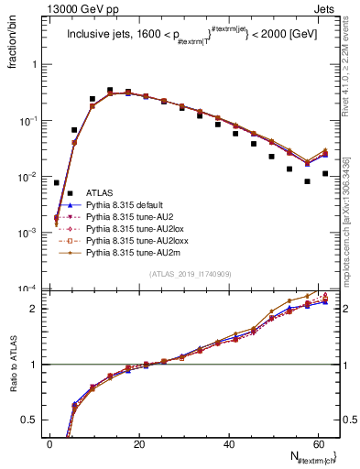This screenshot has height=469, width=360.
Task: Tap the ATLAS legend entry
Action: pos(99,192)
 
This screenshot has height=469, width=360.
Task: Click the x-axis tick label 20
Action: pos(139,444)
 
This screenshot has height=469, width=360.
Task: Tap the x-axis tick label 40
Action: pos(229,444)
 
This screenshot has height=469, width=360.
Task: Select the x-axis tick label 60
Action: pos(319,444)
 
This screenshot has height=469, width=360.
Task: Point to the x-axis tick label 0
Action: pos(50,444)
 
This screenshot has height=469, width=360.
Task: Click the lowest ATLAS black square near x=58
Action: pos(307,181)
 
